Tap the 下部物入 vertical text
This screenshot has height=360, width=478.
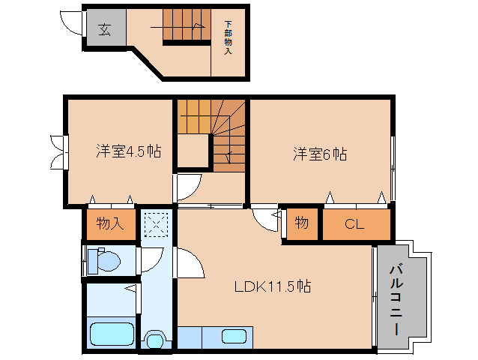pos(228,38)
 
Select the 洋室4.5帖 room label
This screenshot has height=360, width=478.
pos(127,151)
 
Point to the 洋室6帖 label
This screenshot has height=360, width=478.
pos(319,154)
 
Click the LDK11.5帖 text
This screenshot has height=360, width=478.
pos(273,286)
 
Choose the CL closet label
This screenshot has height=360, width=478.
pos(355,224)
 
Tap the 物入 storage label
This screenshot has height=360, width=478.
pos(109,223)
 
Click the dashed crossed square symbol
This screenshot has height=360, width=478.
pos(156,224)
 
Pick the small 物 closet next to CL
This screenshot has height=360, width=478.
pos(301,223)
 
